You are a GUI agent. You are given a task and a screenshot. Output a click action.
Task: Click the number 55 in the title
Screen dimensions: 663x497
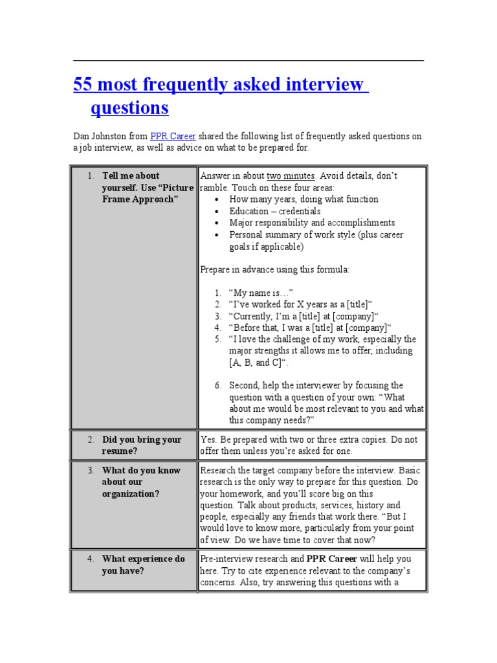tap(84, 84)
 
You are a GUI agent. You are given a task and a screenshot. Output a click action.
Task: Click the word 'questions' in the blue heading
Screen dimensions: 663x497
tap(129, 107)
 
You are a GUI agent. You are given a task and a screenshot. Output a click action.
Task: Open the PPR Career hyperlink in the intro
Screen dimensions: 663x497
tap(173, 136)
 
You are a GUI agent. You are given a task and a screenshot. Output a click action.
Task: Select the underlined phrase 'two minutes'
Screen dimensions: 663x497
tap(291, 175)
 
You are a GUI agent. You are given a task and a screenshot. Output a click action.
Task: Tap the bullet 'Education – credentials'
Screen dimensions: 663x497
tap(274, 211)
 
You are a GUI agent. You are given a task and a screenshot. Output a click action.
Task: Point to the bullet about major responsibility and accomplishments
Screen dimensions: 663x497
tap(311, 223)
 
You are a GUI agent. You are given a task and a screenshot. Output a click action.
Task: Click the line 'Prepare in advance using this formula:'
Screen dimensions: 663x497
tap(274, 269)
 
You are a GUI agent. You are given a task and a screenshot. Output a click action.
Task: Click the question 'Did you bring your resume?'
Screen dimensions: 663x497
tap(141, 445)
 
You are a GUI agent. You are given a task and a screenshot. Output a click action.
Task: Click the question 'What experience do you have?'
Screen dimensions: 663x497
tap(142, 565)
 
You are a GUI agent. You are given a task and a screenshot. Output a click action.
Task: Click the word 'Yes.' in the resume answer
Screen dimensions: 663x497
tap(209, 440)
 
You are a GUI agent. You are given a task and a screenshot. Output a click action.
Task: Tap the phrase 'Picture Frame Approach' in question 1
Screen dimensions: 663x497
tap(148, 193)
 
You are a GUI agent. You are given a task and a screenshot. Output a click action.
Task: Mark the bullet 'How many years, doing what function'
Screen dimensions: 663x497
tap(304, 199)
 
